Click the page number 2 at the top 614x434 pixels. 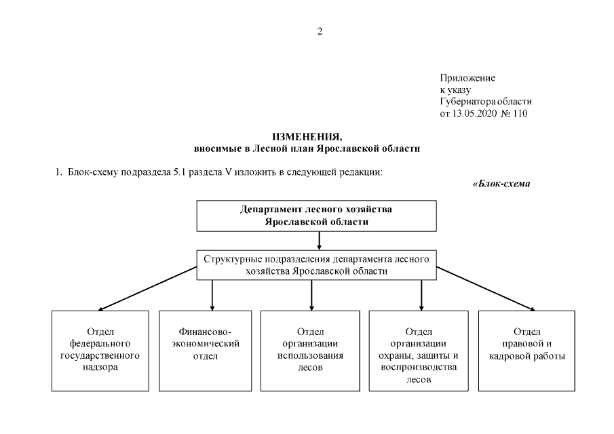coord(320,31)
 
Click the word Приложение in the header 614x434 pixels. coord(467,78)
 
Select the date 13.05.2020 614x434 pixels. coord(475,113)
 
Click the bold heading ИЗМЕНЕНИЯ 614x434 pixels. coord(307,137)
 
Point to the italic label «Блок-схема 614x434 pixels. coord(501,184)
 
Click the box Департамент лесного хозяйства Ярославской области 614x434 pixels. coord(316,216)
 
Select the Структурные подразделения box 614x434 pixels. coord(316,265)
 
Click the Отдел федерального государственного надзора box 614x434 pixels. coord(100,351)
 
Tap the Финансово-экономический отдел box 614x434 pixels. coord(205,351)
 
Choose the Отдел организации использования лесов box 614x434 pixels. coord(310,351)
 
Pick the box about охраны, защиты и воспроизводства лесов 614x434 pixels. coord(419,351)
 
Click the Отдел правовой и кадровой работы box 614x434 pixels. coord(526,351)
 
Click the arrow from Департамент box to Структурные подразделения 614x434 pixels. coord(319,241)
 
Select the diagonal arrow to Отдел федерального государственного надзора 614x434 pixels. coord(147,289)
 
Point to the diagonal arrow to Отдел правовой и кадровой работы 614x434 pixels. coord(486,289)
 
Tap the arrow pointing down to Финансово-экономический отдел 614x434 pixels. coord(212,296)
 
